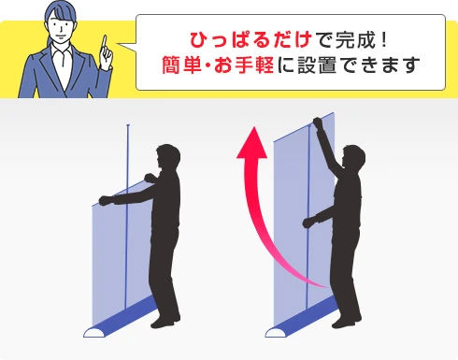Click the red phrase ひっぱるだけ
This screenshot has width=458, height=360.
point(251,40)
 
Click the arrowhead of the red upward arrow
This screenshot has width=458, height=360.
point(252,142)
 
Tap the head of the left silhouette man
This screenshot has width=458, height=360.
point(168,157)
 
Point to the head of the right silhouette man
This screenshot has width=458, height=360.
point(353,158)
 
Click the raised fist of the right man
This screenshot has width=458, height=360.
point(318,122)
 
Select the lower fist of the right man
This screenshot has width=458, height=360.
point(308,223)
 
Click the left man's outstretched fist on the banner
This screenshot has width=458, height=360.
point(105,200)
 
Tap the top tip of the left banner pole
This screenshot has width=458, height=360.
point(128,125)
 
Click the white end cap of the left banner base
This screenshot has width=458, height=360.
point(95,332)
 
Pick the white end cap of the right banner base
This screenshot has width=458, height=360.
point(277,332)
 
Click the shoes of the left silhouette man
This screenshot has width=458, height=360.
point(165,322)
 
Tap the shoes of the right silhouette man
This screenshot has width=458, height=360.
point(347,322)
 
